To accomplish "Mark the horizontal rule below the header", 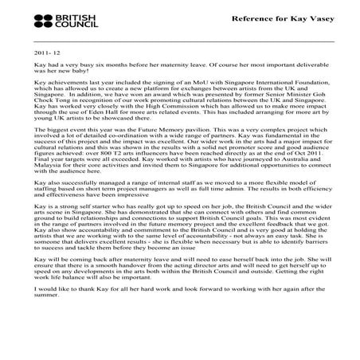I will [179, 39].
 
